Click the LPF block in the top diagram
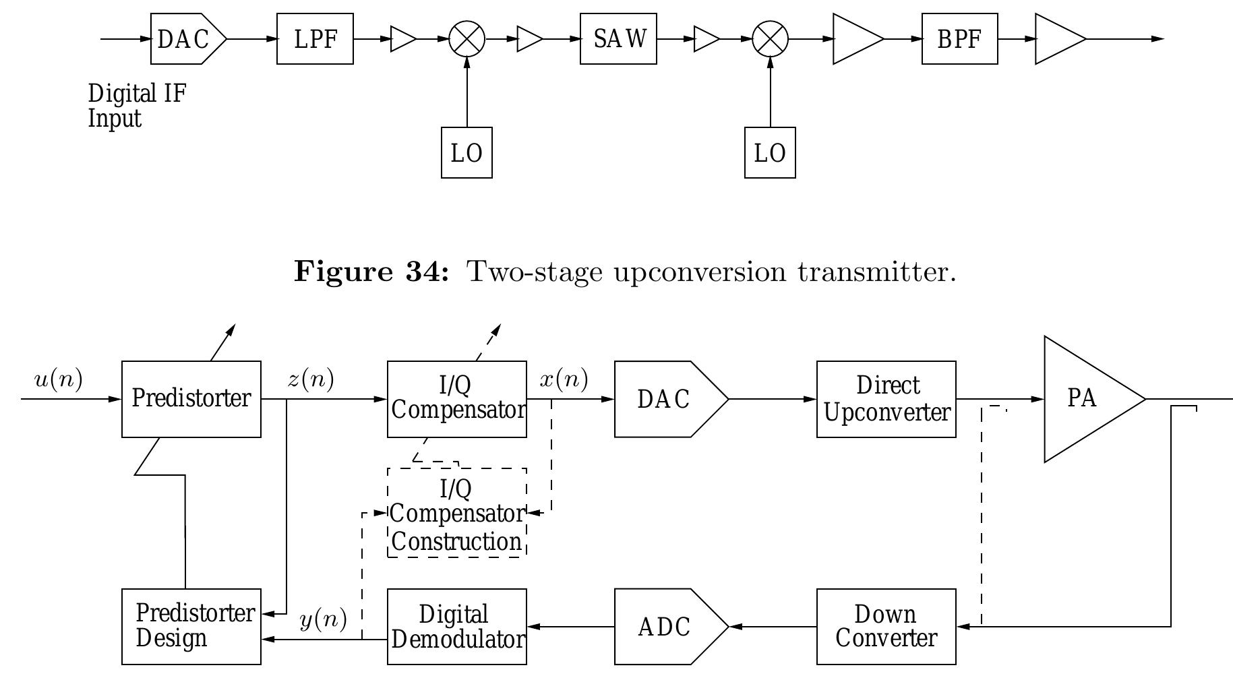pyautogui.click(x=315, y=39)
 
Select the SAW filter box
pyautogui.click(x=618, y=39)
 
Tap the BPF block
pyautogui.click(x=959, y=39)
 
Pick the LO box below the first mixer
pyautogui.click(x=467, y=153)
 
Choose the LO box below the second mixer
pyautogui.click(x=770, y=153)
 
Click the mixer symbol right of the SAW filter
pyautogui.click(x=770, y=39)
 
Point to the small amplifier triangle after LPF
pyautogui.click(x=402, y=39)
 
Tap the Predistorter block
pyautogui.click(x=191, y=399)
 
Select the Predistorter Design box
pyautogui.click(x=191, y=627)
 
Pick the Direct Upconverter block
pyautogui.click(x=886, y=399)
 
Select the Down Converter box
pyautogui.click(x=886, y=627)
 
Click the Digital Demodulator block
pyautogui.click(x=457, y=627)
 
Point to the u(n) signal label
pyautogui.click(x=59, y=380)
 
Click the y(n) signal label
pyautogui.click(x=324, y=619)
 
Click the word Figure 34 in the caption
pyautogui.click(x=371, y=272)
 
